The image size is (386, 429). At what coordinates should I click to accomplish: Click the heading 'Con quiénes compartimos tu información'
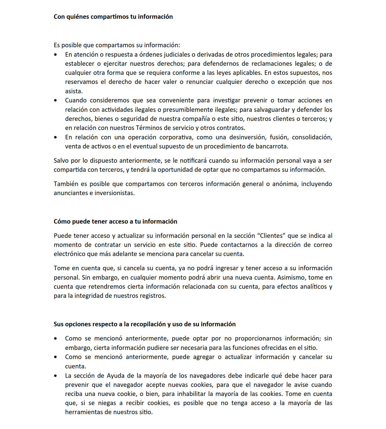point(113,17)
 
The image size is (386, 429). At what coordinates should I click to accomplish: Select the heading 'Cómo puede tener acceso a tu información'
point(115,221)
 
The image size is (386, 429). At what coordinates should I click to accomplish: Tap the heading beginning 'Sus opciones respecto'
point(144,324)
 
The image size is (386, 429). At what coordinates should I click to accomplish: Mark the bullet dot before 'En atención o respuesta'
point(55,55)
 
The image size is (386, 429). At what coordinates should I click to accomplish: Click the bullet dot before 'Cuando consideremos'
point(55,101)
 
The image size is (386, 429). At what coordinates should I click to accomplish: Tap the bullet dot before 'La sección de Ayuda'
point(55,376)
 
